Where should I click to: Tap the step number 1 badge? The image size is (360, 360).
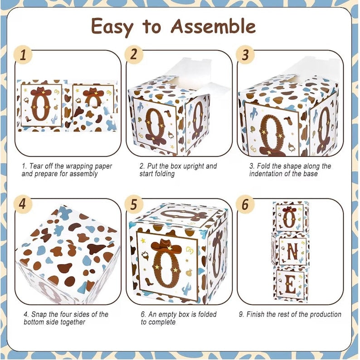pyautogui.click(x=23, y=55)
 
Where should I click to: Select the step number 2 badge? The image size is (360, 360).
pyautogui.click(x=134, y=54)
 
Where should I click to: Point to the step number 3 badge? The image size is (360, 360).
pyautogui.click(x=245, y=55)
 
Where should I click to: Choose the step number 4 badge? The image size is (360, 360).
pyautogui.click(x=23, y=203)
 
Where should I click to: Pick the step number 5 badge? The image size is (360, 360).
pyautogui.click(x=134, y=204)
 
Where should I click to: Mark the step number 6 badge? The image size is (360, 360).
pyautogui.click(x=245, y=204)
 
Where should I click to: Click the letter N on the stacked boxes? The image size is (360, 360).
pyautogui.click(x=292, y=251)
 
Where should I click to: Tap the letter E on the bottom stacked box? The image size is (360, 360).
pyautogui.click(x=290, y=285)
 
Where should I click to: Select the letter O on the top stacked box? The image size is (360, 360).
pyautogui.click(x=290, y=218)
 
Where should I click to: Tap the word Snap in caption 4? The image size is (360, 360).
pyautogui.click(x=39, y=314)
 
